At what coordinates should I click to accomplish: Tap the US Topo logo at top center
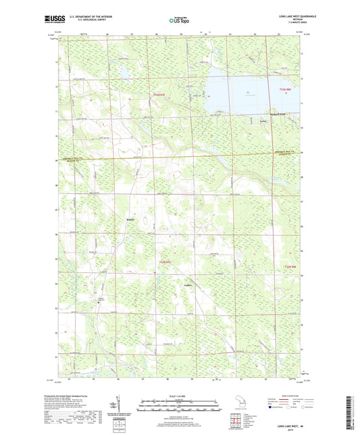pos(179,21)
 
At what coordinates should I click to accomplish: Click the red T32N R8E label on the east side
pos(289,269)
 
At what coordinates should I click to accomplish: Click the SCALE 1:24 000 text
pos(179,395)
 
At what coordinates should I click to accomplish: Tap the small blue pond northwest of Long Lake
pos(125,72)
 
